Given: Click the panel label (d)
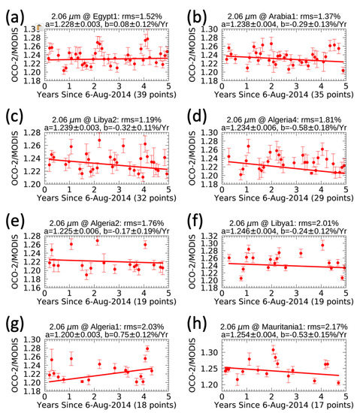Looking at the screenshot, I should tap(198, 114).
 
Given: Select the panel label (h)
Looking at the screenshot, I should tap(198, 318).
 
